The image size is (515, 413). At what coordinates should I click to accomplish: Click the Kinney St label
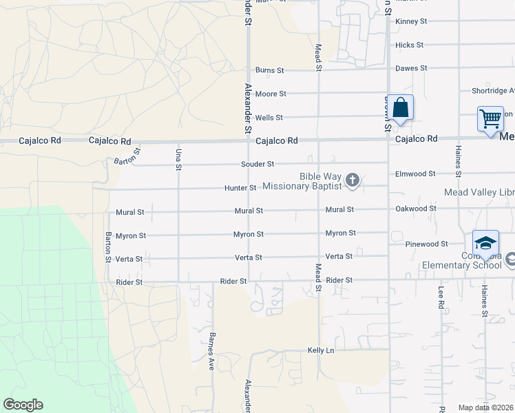click(x=411, y=21)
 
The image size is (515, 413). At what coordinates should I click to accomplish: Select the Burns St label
click(x=269, y=70)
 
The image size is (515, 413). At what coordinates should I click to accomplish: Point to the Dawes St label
click(x=411, y=69)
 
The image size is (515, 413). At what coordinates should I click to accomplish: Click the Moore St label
click(x=270, y=94)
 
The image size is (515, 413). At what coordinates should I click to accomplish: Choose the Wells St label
click(x=269, y=118)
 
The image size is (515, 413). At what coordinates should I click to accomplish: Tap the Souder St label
click(x=257, y=164)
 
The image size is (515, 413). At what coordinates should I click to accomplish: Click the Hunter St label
click(x=240, y=188)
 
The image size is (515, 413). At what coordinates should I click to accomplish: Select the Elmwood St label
click(x=415, y=174)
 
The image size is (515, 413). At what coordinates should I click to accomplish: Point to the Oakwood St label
click(x=415, y=209)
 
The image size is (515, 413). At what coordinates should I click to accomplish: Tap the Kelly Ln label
click(x=320, y=350)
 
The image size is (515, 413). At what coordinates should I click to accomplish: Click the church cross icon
click(x=353, y=180)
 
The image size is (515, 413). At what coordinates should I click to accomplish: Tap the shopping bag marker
click(x=400, y=108)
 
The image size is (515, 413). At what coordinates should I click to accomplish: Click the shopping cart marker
click(x=490, y=118)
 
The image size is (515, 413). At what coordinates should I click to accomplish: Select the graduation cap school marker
click(x=485, y=243)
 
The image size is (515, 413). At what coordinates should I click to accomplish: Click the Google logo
click(x=23, y=405)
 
